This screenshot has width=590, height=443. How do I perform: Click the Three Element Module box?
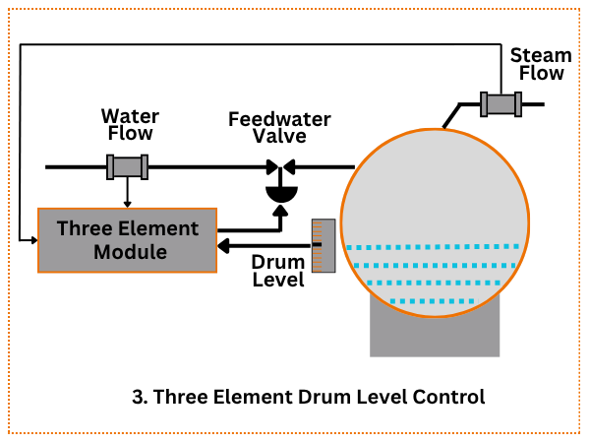[x=127, y=240]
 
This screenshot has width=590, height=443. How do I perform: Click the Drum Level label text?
[x=277, y=272]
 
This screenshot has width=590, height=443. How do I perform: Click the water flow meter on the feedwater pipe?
[x=128, y=167]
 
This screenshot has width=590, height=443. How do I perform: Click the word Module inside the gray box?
[x=128, y=252]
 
